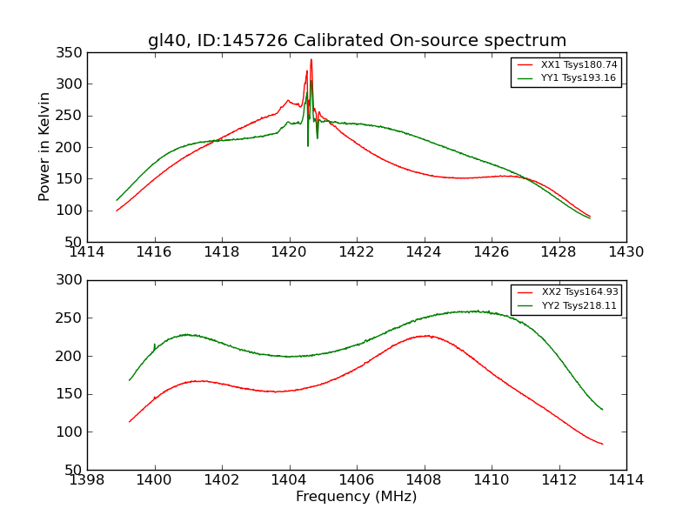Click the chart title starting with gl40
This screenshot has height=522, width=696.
(357, 41)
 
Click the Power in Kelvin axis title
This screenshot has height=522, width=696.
(44, 147)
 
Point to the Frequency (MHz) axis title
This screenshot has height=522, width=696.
(356, 497)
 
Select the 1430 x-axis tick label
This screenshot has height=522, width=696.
(626, 252)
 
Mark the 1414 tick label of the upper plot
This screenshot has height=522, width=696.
(88, 252)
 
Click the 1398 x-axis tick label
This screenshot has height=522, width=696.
(88, 480)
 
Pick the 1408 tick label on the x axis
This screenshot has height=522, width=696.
(424, 480)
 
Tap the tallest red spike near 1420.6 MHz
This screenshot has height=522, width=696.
(311, 61)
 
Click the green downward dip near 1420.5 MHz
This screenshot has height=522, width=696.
(308, 144)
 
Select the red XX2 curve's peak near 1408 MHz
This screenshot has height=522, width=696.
(425, 336)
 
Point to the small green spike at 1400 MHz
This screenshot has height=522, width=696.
(155, 345)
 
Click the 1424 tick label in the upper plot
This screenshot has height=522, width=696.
(424, 252)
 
